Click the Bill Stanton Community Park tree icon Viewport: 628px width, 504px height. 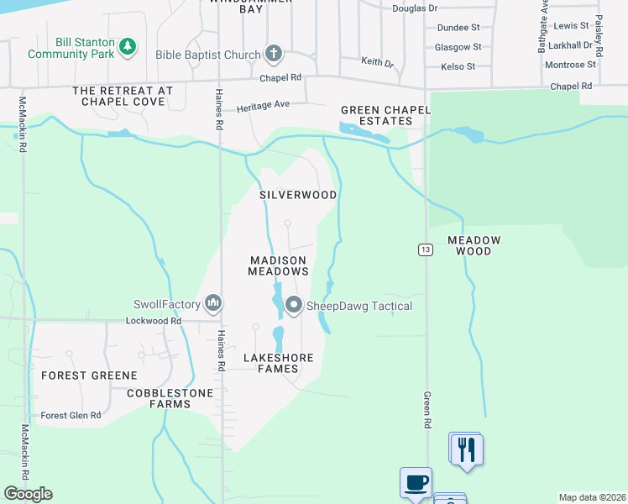128,46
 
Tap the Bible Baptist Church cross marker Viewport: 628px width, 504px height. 273,55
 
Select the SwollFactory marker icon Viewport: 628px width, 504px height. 213,303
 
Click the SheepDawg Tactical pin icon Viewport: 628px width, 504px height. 293,306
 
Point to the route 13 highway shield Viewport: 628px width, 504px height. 426,249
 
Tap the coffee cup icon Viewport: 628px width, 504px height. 416,483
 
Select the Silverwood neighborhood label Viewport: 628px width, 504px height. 298,195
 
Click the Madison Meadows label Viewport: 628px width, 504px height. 279,265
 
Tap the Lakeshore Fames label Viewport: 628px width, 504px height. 278,363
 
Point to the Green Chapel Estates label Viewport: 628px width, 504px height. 385,115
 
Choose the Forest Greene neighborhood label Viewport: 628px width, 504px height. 89,375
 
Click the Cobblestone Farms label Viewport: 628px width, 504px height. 159,398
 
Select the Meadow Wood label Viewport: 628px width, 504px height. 474,245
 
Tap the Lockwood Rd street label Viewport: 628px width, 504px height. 153,321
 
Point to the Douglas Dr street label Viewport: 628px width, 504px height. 415,8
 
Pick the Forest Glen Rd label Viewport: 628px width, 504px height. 71,415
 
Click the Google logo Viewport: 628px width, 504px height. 28,494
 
